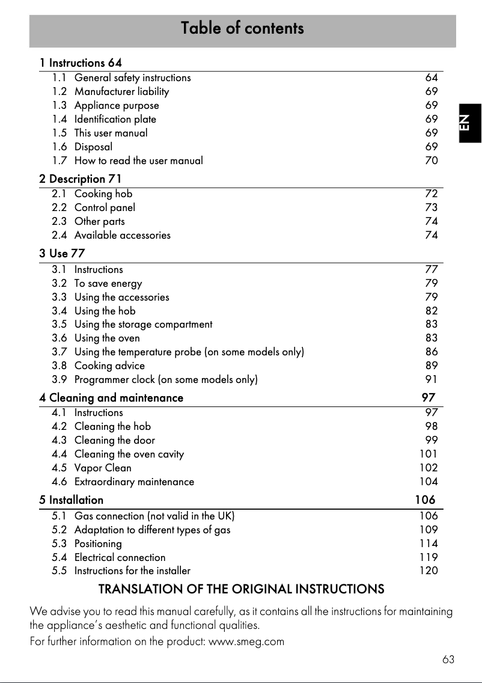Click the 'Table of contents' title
242,28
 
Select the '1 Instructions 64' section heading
81,63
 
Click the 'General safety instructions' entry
132,78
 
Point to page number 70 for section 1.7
431,161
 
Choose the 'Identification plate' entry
115,119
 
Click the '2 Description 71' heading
81,179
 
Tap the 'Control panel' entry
105,207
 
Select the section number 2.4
59,235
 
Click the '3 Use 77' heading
62,254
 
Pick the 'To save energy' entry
108,283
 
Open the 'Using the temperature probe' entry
189,352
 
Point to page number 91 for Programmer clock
431,379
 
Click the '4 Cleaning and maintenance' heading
111,398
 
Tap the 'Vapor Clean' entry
103,468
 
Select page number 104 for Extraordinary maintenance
428,482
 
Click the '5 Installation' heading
71,500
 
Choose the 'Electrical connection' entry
120,557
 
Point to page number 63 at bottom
448,660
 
